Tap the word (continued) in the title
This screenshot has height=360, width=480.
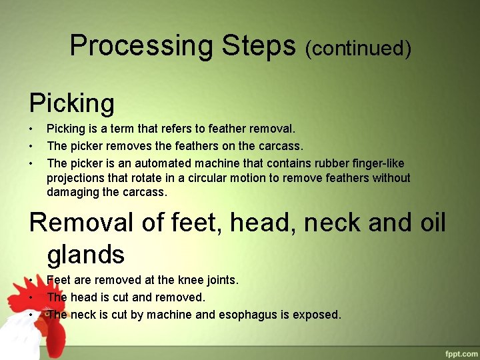pos(358,48)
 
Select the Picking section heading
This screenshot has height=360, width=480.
pos(72,103)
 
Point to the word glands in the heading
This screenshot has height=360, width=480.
pos(86,255)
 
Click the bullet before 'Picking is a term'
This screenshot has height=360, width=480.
pos(31,128)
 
